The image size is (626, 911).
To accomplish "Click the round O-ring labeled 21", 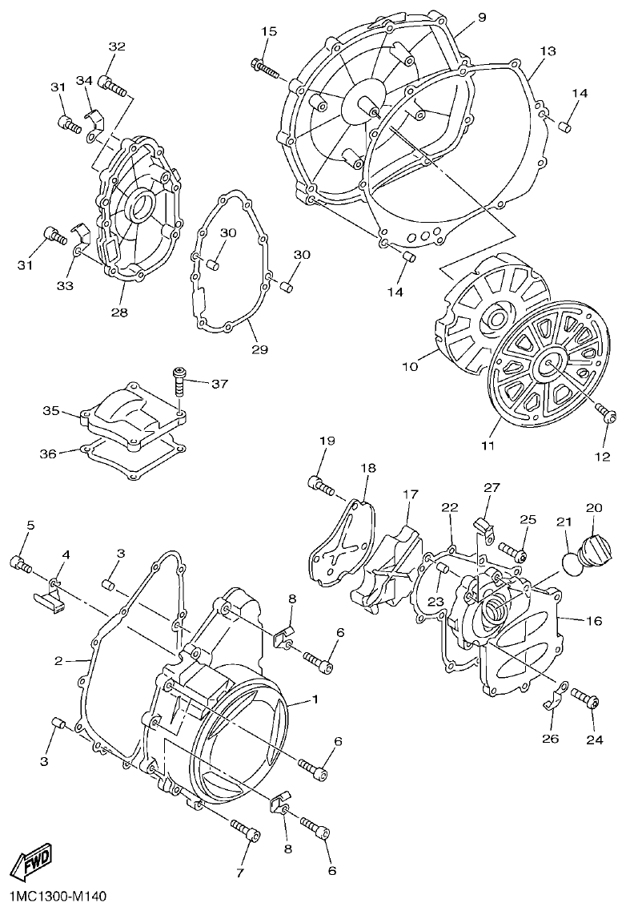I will click(x=573, y=559).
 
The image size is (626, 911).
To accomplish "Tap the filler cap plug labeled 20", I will click(x=596, y=549).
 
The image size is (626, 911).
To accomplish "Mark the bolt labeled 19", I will click(x=323, y=484).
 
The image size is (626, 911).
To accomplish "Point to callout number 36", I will click(x=48, y=453).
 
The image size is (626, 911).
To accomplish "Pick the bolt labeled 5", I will click(x=20, y=564).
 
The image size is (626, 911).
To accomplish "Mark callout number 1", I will click(x=315, y=699).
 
